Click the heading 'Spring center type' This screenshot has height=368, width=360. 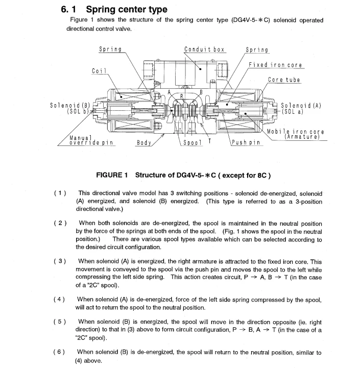click(127, 9)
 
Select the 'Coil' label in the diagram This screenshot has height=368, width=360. click(100, 70)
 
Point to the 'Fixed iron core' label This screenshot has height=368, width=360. click(275, 65)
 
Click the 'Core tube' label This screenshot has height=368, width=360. click(284, 80)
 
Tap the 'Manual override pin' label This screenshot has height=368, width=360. click(91, 140)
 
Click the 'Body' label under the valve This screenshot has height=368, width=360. click(143, 143)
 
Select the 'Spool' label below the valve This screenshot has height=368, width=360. click(193, 143)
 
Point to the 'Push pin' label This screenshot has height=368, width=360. click(246, 143)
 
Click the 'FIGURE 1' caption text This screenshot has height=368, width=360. click(112, 175)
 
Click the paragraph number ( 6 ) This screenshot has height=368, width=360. click(60, 352)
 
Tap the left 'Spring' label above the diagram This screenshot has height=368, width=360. click(110, 50)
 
